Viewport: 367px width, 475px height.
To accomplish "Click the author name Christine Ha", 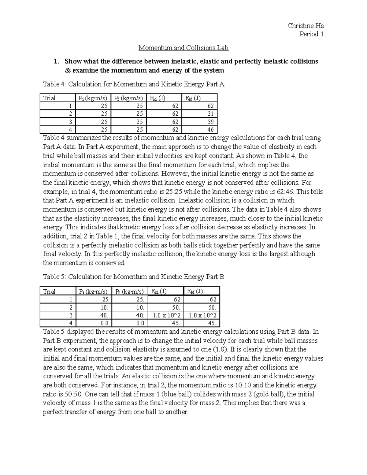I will pos(305,26).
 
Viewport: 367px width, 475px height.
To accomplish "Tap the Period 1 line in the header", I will pos(311,34).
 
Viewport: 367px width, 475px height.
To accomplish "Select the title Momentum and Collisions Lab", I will pos(183,48).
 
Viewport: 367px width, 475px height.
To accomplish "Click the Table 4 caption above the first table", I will pos(134,84).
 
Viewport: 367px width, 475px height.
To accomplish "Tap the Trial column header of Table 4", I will pos(49,98).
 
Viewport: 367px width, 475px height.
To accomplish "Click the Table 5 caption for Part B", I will pos(134,277).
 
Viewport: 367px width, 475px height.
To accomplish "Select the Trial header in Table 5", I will pos(49,291).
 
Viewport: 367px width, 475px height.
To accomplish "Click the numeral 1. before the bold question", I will pos(56,61).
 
